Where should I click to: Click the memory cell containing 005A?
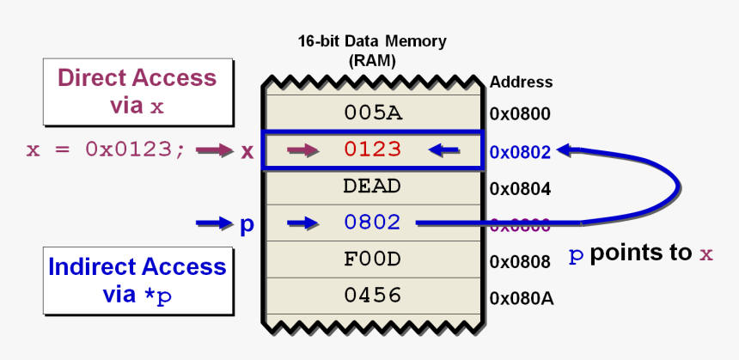pos(372,113)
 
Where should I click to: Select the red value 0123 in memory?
pos(372,149)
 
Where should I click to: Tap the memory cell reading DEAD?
pos(372,186)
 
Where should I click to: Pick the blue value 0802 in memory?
pos(372,223)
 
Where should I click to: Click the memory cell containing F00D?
pos(372,259)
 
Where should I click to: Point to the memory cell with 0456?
pos(372,296)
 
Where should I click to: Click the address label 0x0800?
pos(520,113)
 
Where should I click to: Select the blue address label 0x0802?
pos(520,151)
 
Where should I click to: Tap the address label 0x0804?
pos(520,188)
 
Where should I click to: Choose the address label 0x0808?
pos(520,261)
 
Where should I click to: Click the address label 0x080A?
pos(521,298)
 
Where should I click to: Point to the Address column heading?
pos(521,82)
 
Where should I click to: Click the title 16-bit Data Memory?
pos(372,41)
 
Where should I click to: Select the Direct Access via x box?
pos(137,91)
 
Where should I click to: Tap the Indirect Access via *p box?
pos(137,280)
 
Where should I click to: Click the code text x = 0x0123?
pos(106,150)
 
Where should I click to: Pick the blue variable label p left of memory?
pos(247,224)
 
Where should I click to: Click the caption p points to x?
pos(642,254)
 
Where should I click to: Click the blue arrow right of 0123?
pos(443,150)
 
